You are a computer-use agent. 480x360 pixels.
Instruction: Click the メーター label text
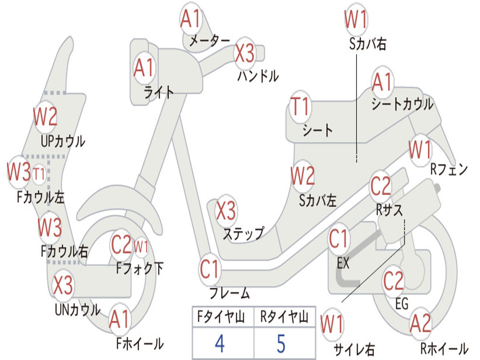coord(210,41)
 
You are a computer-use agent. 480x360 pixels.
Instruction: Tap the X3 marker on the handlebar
coord(244,53)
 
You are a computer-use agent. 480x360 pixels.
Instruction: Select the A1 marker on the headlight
coord(143,68)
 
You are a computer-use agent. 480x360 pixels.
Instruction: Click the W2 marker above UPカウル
coord(45,116)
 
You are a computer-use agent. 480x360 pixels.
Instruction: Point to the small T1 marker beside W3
coord(39,174)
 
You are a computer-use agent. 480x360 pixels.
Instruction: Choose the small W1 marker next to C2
coord(141,246)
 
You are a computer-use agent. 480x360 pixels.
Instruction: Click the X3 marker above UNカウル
coord(63,285)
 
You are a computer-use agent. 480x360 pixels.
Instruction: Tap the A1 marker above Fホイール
coord(120,320)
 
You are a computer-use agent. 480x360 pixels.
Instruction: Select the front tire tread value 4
coord(220,344)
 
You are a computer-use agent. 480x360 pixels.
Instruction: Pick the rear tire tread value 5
coord(281,344)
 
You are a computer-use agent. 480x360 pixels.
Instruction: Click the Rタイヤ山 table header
coord(284,317)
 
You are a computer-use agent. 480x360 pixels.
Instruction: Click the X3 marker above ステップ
coord(226,210)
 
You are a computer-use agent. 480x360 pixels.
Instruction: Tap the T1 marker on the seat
coord(300,106)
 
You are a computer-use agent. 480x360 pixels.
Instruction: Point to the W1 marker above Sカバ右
coord(356,19)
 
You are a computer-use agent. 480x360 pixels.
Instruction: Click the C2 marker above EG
coord(393,281)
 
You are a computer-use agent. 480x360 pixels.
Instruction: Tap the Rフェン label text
coord(449,169)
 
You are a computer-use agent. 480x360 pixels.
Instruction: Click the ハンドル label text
coord(258,76)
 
